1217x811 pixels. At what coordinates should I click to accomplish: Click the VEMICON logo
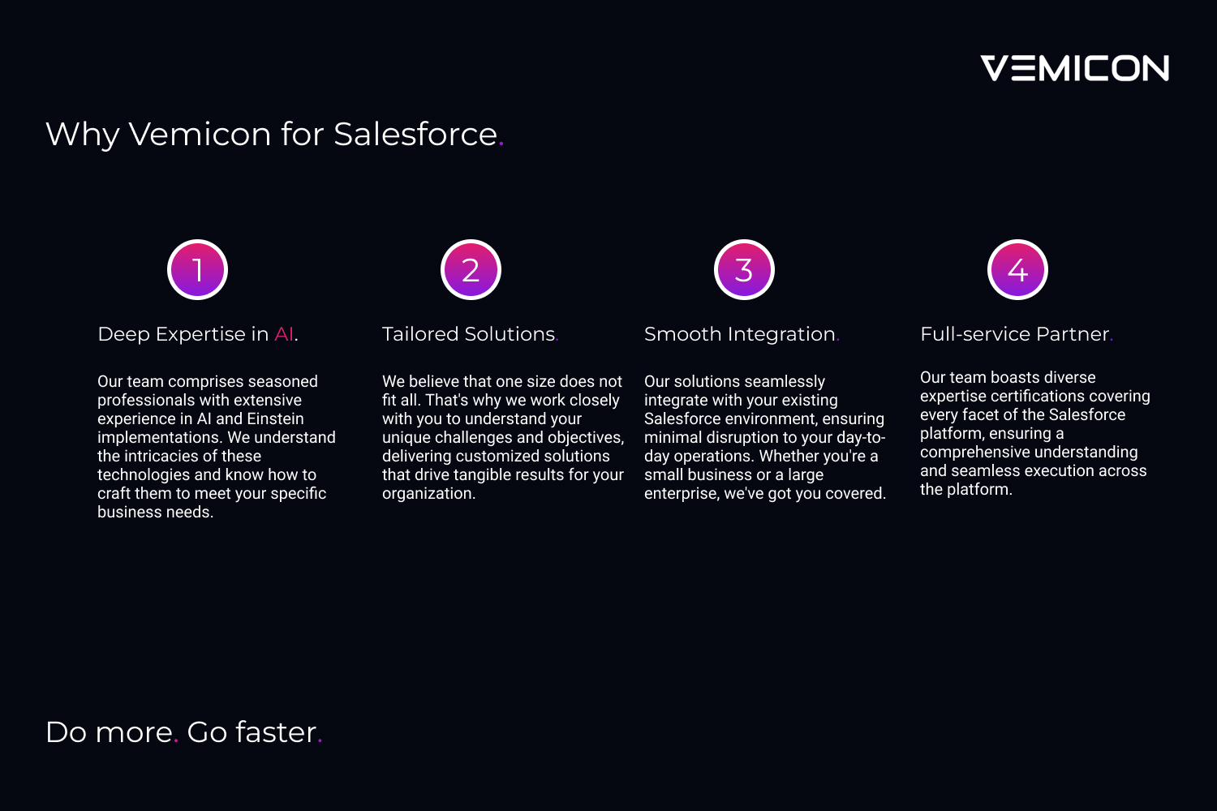pos(1075,68)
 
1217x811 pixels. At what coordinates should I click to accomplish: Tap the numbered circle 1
pos(197,269)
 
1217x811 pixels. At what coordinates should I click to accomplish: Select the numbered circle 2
pos(471,269)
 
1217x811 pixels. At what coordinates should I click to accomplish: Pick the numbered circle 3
pos(744,269)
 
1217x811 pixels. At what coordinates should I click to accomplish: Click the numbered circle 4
pos(1017,269)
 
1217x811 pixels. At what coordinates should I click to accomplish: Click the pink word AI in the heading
pos(284,334)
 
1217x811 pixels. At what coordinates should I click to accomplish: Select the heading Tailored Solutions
pos(471,334)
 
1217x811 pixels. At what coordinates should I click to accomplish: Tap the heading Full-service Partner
pos(1017,334)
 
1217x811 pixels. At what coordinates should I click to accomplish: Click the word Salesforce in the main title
pos(415,134)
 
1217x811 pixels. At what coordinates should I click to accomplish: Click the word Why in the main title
pos(83,135)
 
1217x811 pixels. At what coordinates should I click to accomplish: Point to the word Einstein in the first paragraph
pos(275,418)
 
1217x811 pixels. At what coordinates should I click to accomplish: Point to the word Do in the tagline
pos(67,732)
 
